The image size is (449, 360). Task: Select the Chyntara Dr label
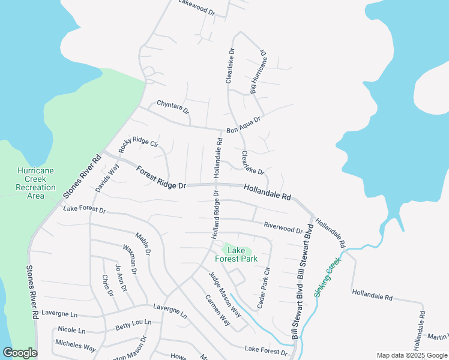[x=173, y=107]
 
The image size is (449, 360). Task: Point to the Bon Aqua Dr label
[x=244, y=125]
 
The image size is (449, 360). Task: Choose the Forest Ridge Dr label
[x=160, y=178]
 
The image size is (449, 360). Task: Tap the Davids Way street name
[x=107, y=178]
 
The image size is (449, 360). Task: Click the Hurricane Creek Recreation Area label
[x=35, y=183]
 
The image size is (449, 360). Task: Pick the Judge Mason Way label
[x=224, y=295]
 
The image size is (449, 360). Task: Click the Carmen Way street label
[x=217, y=310]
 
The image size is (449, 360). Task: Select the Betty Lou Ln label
[x=133, y=325]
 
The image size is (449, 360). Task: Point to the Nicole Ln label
[x=71, y=330]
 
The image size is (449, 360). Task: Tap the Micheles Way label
[x=75, y=347]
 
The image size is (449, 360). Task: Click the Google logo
[x=20, y=353]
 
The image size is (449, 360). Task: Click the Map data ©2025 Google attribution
[x=412, y=355]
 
